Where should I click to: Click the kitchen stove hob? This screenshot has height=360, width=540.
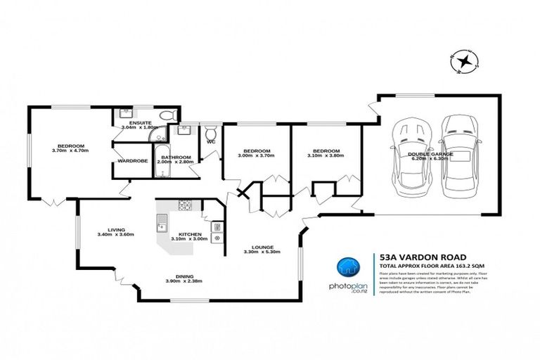point(186,206)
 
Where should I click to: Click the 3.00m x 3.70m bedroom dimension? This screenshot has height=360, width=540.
point(256,156)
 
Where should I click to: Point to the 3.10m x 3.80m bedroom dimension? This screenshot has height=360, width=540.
point(328,156)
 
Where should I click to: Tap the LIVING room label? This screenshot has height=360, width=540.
point(117,228)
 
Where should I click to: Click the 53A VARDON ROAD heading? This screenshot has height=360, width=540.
point(416,258)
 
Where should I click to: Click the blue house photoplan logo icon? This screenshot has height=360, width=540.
point(346,267)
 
